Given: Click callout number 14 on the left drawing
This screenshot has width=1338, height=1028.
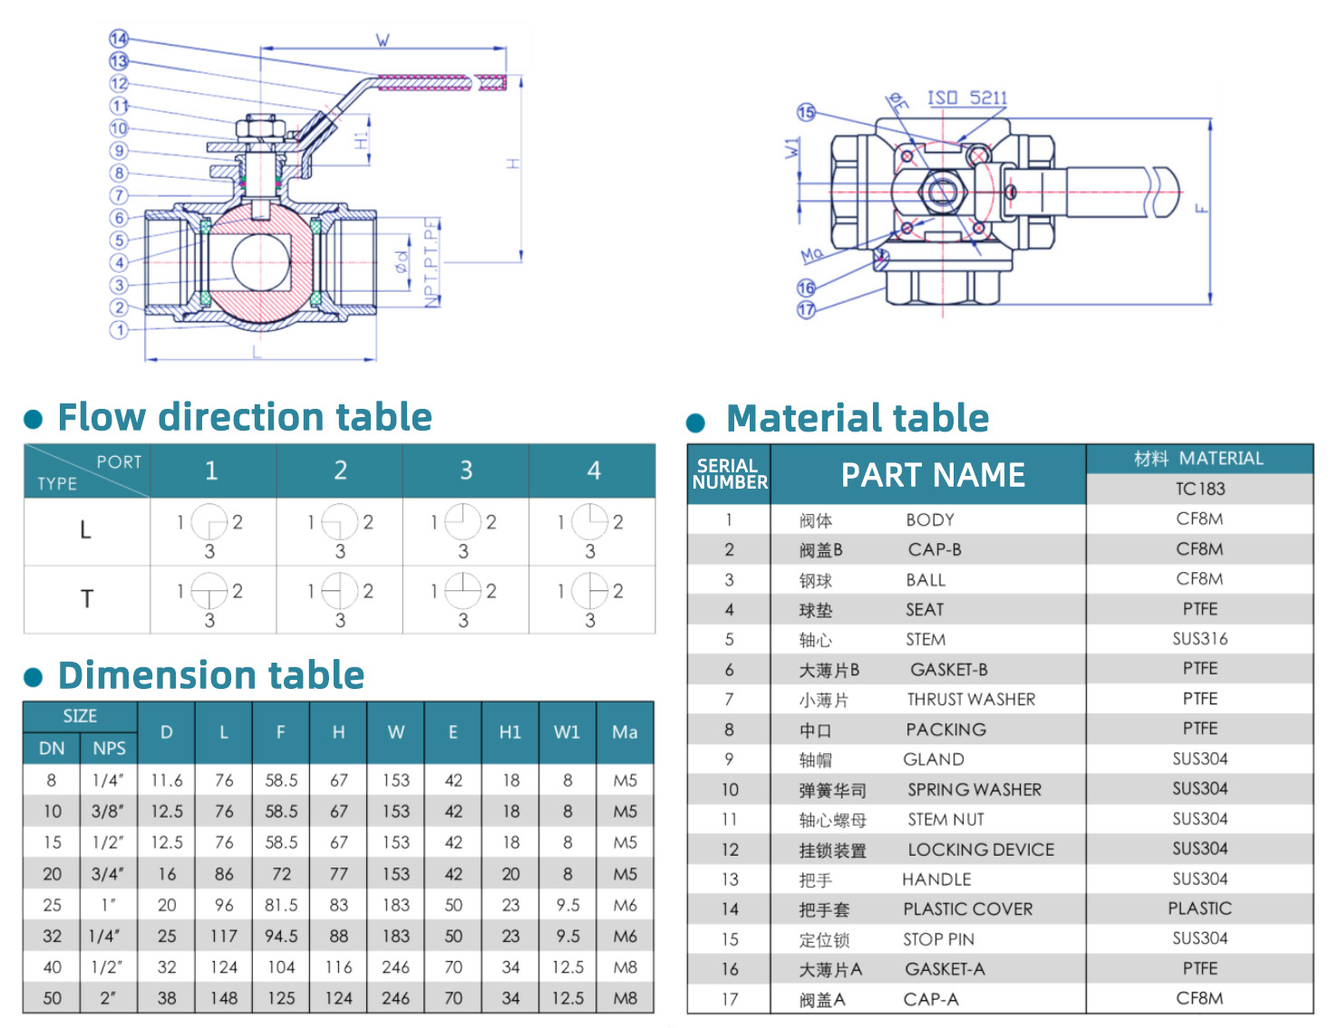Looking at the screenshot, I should point(119,38).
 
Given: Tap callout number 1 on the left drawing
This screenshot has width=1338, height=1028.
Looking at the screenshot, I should point(119,330).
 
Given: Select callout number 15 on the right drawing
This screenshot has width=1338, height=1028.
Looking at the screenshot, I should point(806,112).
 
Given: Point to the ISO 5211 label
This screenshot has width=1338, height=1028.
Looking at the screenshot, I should point(967,98).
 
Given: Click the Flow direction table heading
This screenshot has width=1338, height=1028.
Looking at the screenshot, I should point(245,417).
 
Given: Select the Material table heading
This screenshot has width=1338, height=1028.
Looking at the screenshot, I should point(857,419).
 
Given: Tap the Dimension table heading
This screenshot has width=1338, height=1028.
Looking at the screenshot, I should point(211,675).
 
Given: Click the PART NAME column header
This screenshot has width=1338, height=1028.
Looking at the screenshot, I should point(933,475).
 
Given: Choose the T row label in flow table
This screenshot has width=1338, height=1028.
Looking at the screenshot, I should point(87,599).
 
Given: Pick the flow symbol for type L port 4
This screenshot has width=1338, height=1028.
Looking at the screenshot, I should point(590,523).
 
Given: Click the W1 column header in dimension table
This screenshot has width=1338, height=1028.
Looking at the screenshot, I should point(567,732).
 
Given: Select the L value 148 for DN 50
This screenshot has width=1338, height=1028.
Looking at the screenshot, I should point(224,998).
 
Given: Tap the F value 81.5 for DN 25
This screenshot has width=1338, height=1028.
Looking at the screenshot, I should point(281,905).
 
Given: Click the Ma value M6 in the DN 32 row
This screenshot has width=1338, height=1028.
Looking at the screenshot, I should point(625,936).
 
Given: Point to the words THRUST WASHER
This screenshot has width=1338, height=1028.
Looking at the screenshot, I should point(971,699).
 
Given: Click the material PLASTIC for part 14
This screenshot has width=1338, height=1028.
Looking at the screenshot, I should point(1199,908).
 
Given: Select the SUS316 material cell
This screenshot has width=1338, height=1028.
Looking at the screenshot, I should point(1199,639).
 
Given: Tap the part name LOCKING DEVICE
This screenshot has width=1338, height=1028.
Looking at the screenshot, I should point(981,849).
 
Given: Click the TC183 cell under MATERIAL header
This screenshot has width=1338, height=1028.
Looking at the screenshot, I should point(1199,489).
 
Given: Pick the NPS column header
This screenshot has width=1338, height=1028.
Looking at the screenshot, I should point(109,748).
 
